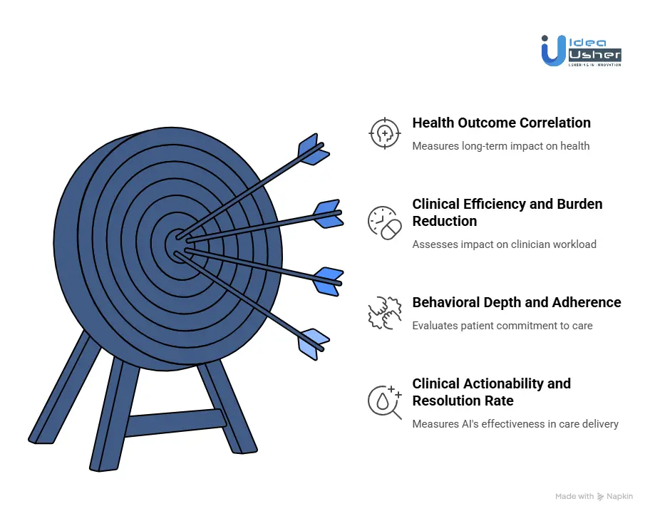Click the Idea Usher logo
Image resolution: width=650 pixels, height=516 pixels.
pos(581,50)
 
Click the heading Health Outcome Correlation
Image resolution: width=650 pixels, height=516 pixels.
pos(501,123)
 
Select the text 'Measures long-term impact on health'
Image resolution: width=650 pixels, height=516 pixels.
pos(500,146)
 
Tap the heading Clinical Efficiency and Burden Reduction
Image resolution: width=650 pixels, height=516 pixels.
pos(507,212)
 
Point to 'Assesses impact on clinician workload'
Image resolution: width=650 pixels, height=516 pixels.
pos(504,244)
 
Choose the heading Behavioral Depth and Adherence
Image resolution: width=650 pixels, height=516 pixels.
pos(516,302)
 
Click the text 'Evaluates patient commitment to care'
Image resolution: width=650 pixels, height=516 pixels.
pos(502,326)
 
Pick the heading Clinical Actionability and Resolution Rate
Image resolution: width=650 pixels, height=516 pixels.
pos(491,392)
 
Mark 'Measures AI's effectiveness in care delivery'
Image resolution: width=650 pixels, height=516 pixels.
pos(515,424)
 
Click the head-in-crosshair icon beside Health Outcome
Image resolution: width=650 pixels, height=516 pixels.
pos(385,133)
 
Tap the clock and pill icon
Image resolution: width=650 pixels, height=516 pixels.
pos(385,222)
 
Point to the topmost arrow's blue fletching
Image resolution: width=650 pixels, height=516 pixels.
pos(312,149)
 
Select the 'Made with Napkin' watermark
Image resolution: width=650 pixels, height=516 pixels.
pos(594,496)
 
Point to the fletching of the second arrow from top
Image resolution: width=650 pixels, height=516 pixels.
pos(326,213)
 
